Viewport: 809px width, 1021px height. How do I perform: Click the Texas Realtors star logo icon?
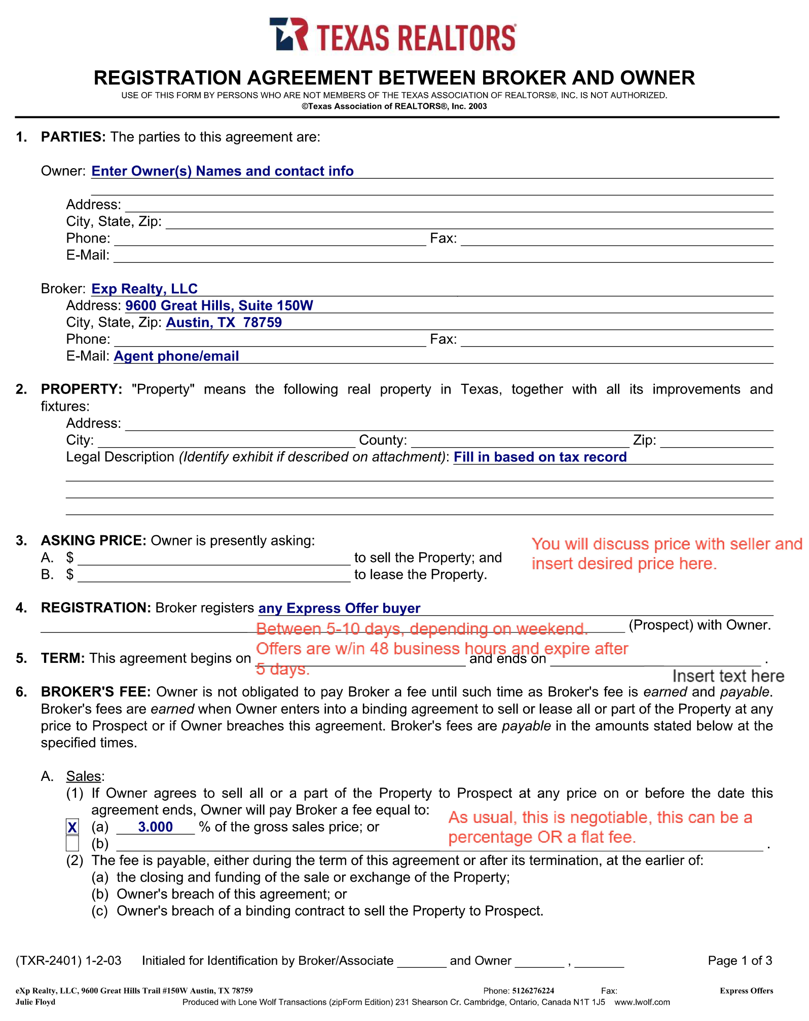click(288, 34)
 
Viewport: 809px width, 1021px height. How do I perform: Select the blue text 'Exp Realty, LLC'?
click(144, 289)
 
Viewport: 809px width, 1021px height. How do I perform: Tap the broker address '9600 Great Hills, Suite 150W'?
click(219, 305)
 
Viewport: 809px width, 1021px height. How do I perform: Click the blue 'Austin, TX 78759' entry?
click(224, 323)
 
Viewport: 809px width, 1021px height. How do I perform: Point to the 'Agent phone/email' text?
click(176, 356)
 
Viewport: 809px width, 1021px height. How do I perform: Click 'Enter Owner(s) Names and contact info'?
click(222, 171)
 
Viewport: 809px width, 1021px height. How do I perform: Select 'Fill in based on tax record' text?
click(540, 457)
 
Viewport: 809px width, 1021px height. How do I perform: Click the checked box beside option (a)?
click(72, 828)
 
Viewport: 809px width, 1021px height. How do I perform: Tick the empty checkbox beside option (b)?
click(72, 844)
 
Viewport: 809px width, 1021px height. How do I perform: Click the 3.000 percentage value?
click(155, 827)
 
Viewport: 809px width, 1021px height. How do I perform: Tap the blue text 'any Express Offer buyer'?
click(339, 608)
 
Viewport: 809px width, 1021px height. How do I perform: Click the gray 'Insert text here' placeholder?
click(728, 676)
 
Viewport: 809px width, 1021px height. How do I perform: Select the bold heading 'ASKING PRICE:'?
click(94, 541)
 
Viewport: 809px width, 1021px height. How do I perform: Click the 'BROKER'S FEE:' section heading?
click(96, 692)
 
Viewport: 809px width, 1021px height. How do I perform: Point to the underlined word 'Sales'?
click(84, 776)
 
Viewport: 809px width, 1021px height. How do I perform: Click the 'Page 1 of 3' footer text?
click(740, 961)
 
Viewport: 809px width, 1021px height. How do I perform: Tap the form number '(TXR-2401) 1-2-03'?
click(68, 961)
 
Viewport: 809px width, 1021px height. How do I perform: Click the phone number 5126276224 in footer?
click(533, 991)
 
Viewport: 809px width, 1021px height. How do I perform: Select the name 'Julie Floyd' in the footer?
click(35, 1002)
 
